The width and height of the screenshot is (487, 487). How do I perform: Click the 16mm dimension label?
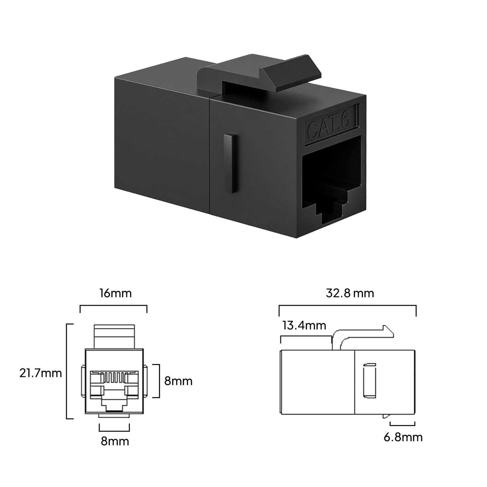(x=115, y=294)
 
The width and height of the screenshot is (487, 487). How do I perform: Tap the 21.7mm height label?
(x=40, y=373)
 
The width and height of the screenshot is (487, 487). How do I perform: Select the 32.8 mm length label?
(x=350, y=293)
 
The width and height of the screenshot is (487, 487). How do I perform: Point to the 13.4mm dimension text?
(x=304, y=326)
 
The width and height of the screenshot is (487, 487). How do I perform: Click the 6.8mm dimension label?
(x=403, y=437)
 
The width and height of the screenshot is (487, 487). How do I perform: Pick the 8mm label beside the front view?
(x=178, y=381)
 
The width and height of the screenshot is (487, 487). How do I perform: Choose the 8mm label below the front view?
(x=115, y=441)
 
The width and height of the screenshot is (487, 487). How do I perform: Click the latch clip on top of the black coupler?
(x=256, y=72)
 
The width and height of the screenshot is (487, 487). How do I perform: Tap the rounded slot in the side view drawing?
(x=369, y=379)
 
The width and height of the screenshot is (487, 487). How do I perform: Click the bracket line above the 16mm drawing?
(x=113, y=306)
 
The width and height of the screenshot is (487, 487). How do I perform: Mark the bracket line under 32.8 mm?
(x=347, y=306)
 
